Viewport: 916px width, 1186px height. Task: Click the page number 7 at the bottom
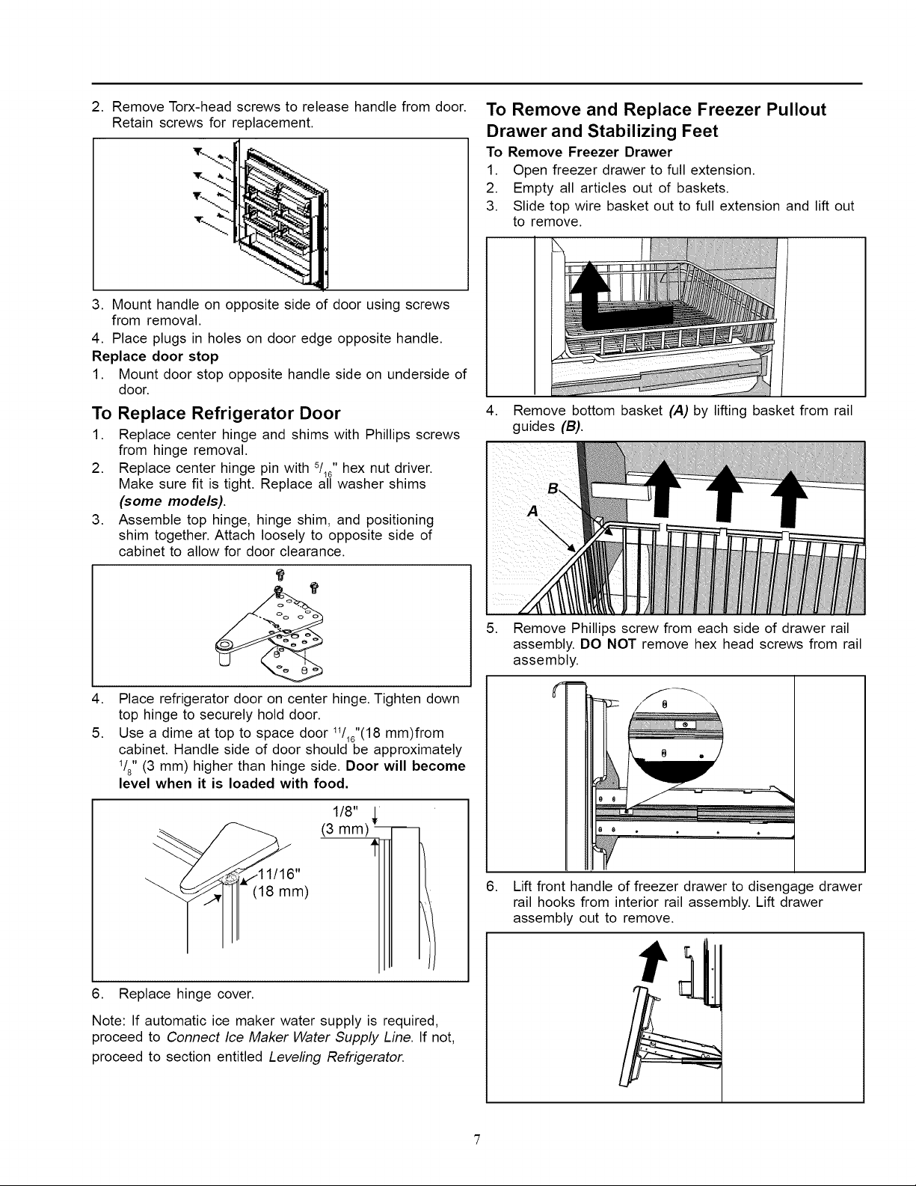[476, 1139]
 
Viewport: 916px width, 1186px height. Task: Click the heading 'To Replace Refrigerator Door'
[216, 413]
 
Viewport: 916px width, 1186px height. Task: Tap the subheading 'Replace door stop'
[155, 356]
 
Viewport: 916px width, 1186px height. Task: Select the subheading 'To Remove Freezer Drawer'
[579, 152]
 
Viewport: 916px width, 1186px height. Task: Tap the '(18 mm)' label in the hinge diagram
[280, 893]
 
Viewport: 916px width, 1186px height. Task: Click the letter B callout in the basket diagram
[553, 489]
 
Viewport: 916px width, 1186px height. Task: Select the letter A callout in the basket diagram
[532, 511]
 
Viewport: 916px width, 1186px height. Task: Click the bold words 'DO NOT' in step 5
[608, 644]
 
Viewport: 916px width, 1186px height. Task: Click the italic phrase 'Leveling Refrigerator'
[337, 1057]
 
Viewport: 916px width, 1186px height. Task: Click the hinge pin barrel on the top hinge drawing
[224, 652]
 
